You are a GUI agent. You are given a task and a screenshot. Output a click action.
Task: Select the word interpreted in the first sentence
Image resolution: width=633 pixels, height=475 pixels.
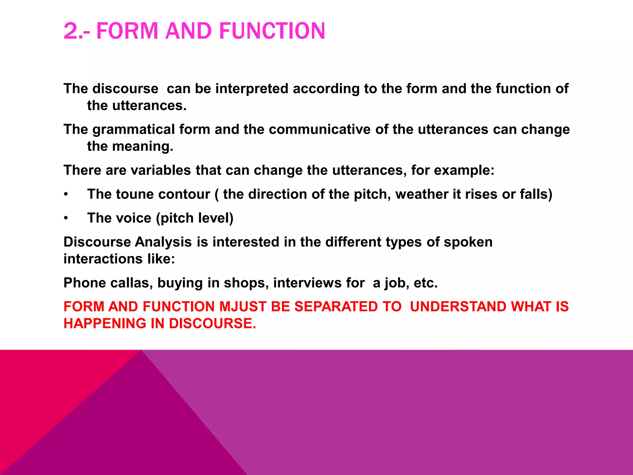click(x=252, y=89)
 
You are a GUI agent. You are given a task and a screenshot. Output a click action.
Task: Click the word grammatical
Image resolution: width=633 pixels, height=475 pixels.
click(x=134, y=129)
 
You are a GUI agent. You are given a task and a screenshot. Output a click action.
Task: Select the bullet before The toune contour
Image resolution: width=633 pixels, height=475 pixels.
click(x=66, y=195)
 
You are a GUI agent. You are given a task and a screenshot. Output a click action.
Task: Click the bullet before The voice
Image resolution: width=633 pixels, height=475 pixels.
click(x=66, y=218)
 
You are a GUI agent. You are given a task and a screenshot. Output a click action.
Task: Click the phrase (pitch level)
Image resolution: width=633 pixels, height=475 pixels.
click(x=195, y=218)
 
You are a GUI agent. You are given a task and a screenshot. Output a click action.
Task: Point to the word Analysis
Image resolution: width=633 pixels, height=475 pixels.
click(x=163, y=242)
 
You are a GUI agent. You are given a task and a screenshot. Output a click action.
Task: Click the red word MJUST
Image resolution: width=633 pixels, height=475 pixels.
click(x=243, y=306)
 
